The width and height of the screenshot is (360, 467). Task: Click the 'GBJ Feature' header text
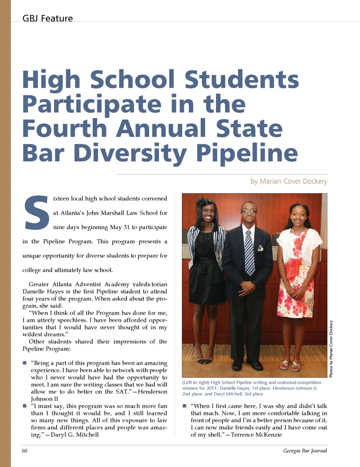pyautogui.click(x=48, y=18)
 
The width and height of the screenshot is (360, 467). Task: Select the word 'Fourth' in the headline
pyautogui.click(x=64, y=129)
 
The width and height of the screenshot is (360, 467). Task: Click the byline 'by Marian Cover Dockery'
pyautogui.click(x=289, y=181)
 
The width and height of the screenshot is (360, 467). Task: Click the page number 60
pyautogui.click(x=24, y=451)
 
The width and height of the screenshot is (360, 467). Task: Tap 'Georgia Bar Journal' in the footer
pyautogui.click(x=305, y=451)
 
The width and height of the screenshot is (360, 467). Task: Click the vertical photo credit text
pyautogui.click(x=331, y=349)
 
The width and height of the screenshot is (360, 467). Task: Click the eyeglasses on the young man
pyautogui.click(x=248, y=211)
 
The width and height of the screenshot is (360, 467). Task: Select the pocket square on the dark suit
pyautogui.click(x=260, y=248)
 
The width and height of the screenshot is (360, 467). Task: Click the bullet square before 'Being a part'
pyautogui.click(x=25, y=363)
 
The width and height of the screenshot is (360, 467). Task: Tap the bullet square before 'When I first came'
pyautogui.click(x=184, y=406)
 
